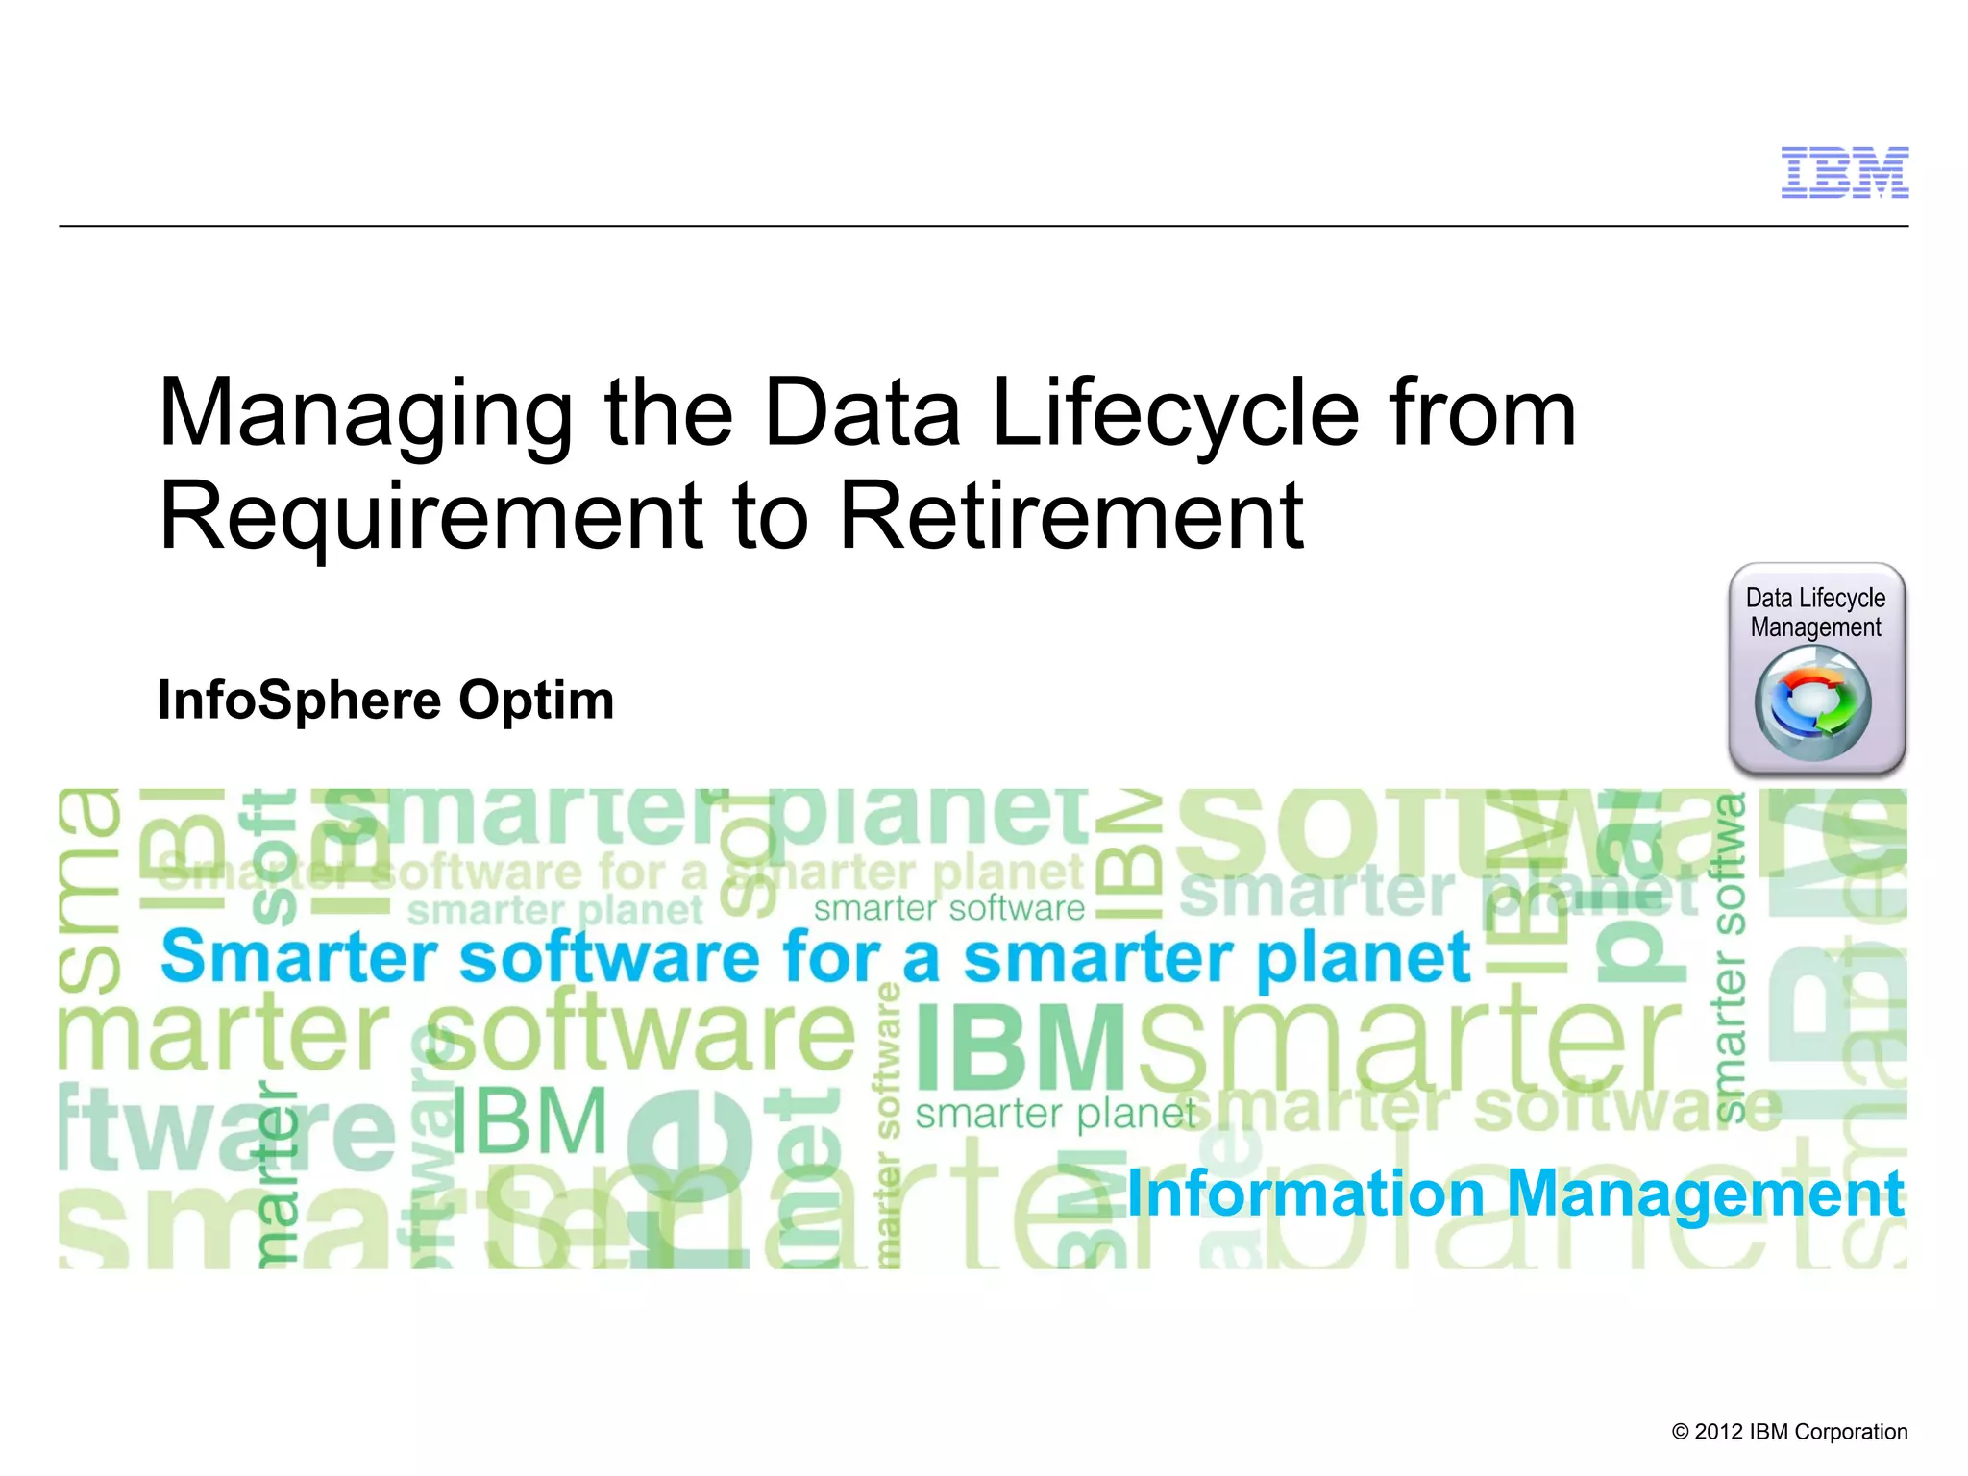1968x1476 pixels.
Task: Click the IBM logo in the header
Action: (x=1844, y=173)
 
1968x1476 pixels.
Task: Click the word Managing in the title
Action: (x=365, y=415)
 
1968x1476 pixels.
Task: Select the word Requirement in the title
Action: (x=430, y=517)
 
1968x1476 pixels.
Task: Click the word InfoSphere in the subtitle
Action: (x=299, y=700)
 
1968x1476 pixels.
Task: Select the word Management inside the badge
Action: (x=1815, y=627)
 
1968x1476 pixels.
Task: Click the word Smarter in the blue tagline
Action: (x=299, y=958)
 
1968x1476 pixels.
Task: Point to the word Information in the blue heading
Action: (x=1306, y=1193)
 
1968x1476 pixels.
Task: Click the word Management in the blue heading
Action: (x=1705, y=1195)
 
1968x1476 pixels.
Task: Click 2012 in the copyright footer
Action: (x=1719, y=1432)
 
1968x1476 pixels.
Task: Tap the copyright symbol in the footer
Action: (x=1680, y=1432)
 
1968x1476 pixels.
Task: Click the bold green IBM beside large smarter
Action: (x=1021, y=1048)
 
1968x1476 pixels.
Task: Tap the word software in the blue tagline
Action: (x=609, y=958)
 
